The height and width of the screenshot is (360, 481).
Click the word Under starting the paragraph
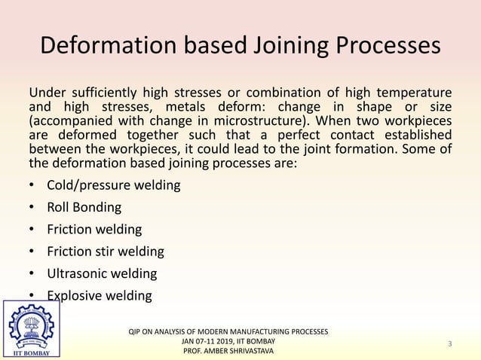(48, 93)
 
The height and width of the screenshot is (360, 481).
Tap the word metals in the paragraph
(224, 107)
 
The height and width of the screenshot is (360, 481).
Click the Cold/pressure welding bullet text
(113, 185)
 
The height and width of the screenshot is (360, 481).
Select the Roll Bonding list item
(84, 207)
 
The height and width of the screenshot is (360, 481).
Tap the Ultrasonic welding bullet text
(102, 273)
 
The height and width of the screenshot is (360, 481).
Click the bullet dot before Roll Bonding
(32, 207)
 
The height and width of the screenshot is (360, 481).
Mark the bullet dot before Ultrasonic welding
(32, 273)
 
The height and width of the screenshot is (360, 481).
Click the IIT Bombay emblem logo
(31, 326)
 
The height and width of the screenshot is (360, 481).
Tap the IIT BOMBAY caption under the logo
(31, 352)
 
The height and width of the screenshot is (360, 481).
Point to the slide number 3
(449, 344)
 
